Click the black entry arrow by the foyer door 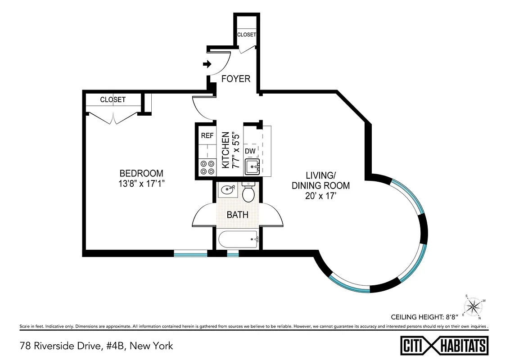tap(207, 64)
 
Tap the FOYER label tap(235, 79)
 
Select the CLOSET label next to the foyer tap(246, 35)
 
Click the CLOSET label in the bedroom tap(113, 99)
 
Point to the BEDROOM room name tap(141, 173)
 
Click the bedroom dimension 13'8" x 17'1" tap(141, 184)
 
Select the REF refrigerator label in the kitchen tap(207, 135)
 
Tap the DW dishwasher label tap(250, 151)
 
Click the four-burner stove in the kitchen tap(207, 167)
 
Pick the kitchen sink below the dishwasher tap(252, 167)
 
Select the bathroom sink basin tap(227, 190)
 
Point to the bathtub tap(238, 239)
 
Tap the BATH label tap(237, 215)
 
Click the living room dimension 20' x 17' tap(320, 196)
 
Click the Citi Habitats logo tap(444, 346)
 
